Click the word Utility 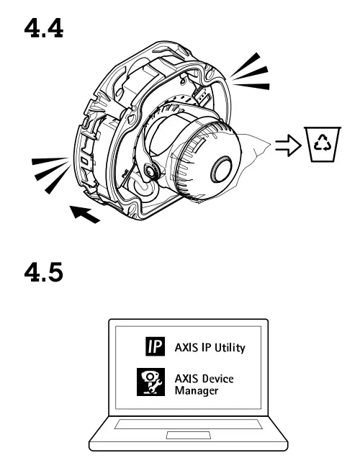coord(226,348)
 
